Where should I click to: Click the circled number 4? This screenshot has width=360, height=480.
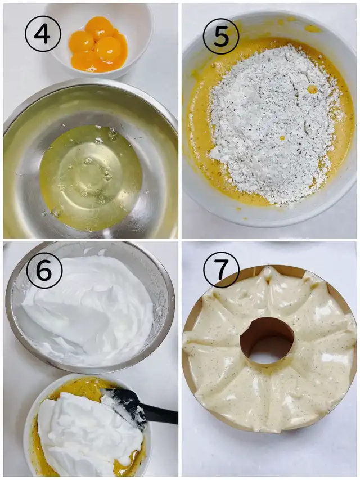click(x=43, y=34)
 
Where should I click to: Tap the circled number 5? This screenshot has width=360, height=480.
click(x=221, y=37)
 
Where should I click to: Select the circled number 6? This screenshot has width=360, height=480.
click(x=44, y=271)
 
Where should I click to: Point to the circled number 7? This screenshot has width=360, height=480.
click(x=221, y=270)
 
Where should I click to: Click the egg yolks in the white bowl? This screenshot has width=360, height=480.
click(x=98, y=44)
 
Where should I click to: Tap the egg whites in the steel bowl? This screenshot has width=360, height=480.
click(x=91, y=178)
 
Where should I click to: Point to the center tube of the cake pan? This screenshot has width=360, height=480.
click(x=268, y=340)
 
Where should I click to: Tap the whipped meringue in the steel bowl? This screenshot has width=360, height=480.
click(x=89, y=309)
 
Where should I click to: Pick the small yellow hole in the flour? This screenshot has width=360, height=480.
click(x=312, y=89)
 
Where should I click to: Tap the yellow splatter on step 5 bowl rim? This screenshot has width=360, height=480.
click(x=312, y=29)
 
